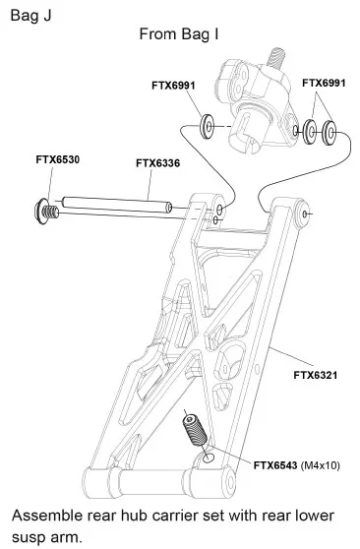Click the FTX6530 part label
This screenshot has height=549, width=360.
click(57, 159)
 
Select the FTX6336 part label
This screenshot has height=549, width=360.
click(158, 163)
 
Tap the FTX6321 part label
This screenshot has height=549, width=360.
click(316, 375)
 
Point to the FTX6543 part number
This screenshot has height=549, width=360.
click(275, 465)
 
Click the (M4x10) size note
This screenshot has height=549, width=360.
click(321, 465)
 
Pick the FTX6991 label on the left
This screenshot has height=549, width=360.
click(173, 86)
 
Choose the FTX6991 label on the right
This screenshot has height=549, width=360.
click(324, 83)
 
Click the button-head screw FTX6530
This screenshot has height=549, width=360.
click(46, 212)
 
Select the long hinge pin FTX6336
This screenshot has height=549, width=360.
click(117, 205)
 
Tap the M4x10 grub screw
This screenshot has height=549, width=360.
click(195, 430)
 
